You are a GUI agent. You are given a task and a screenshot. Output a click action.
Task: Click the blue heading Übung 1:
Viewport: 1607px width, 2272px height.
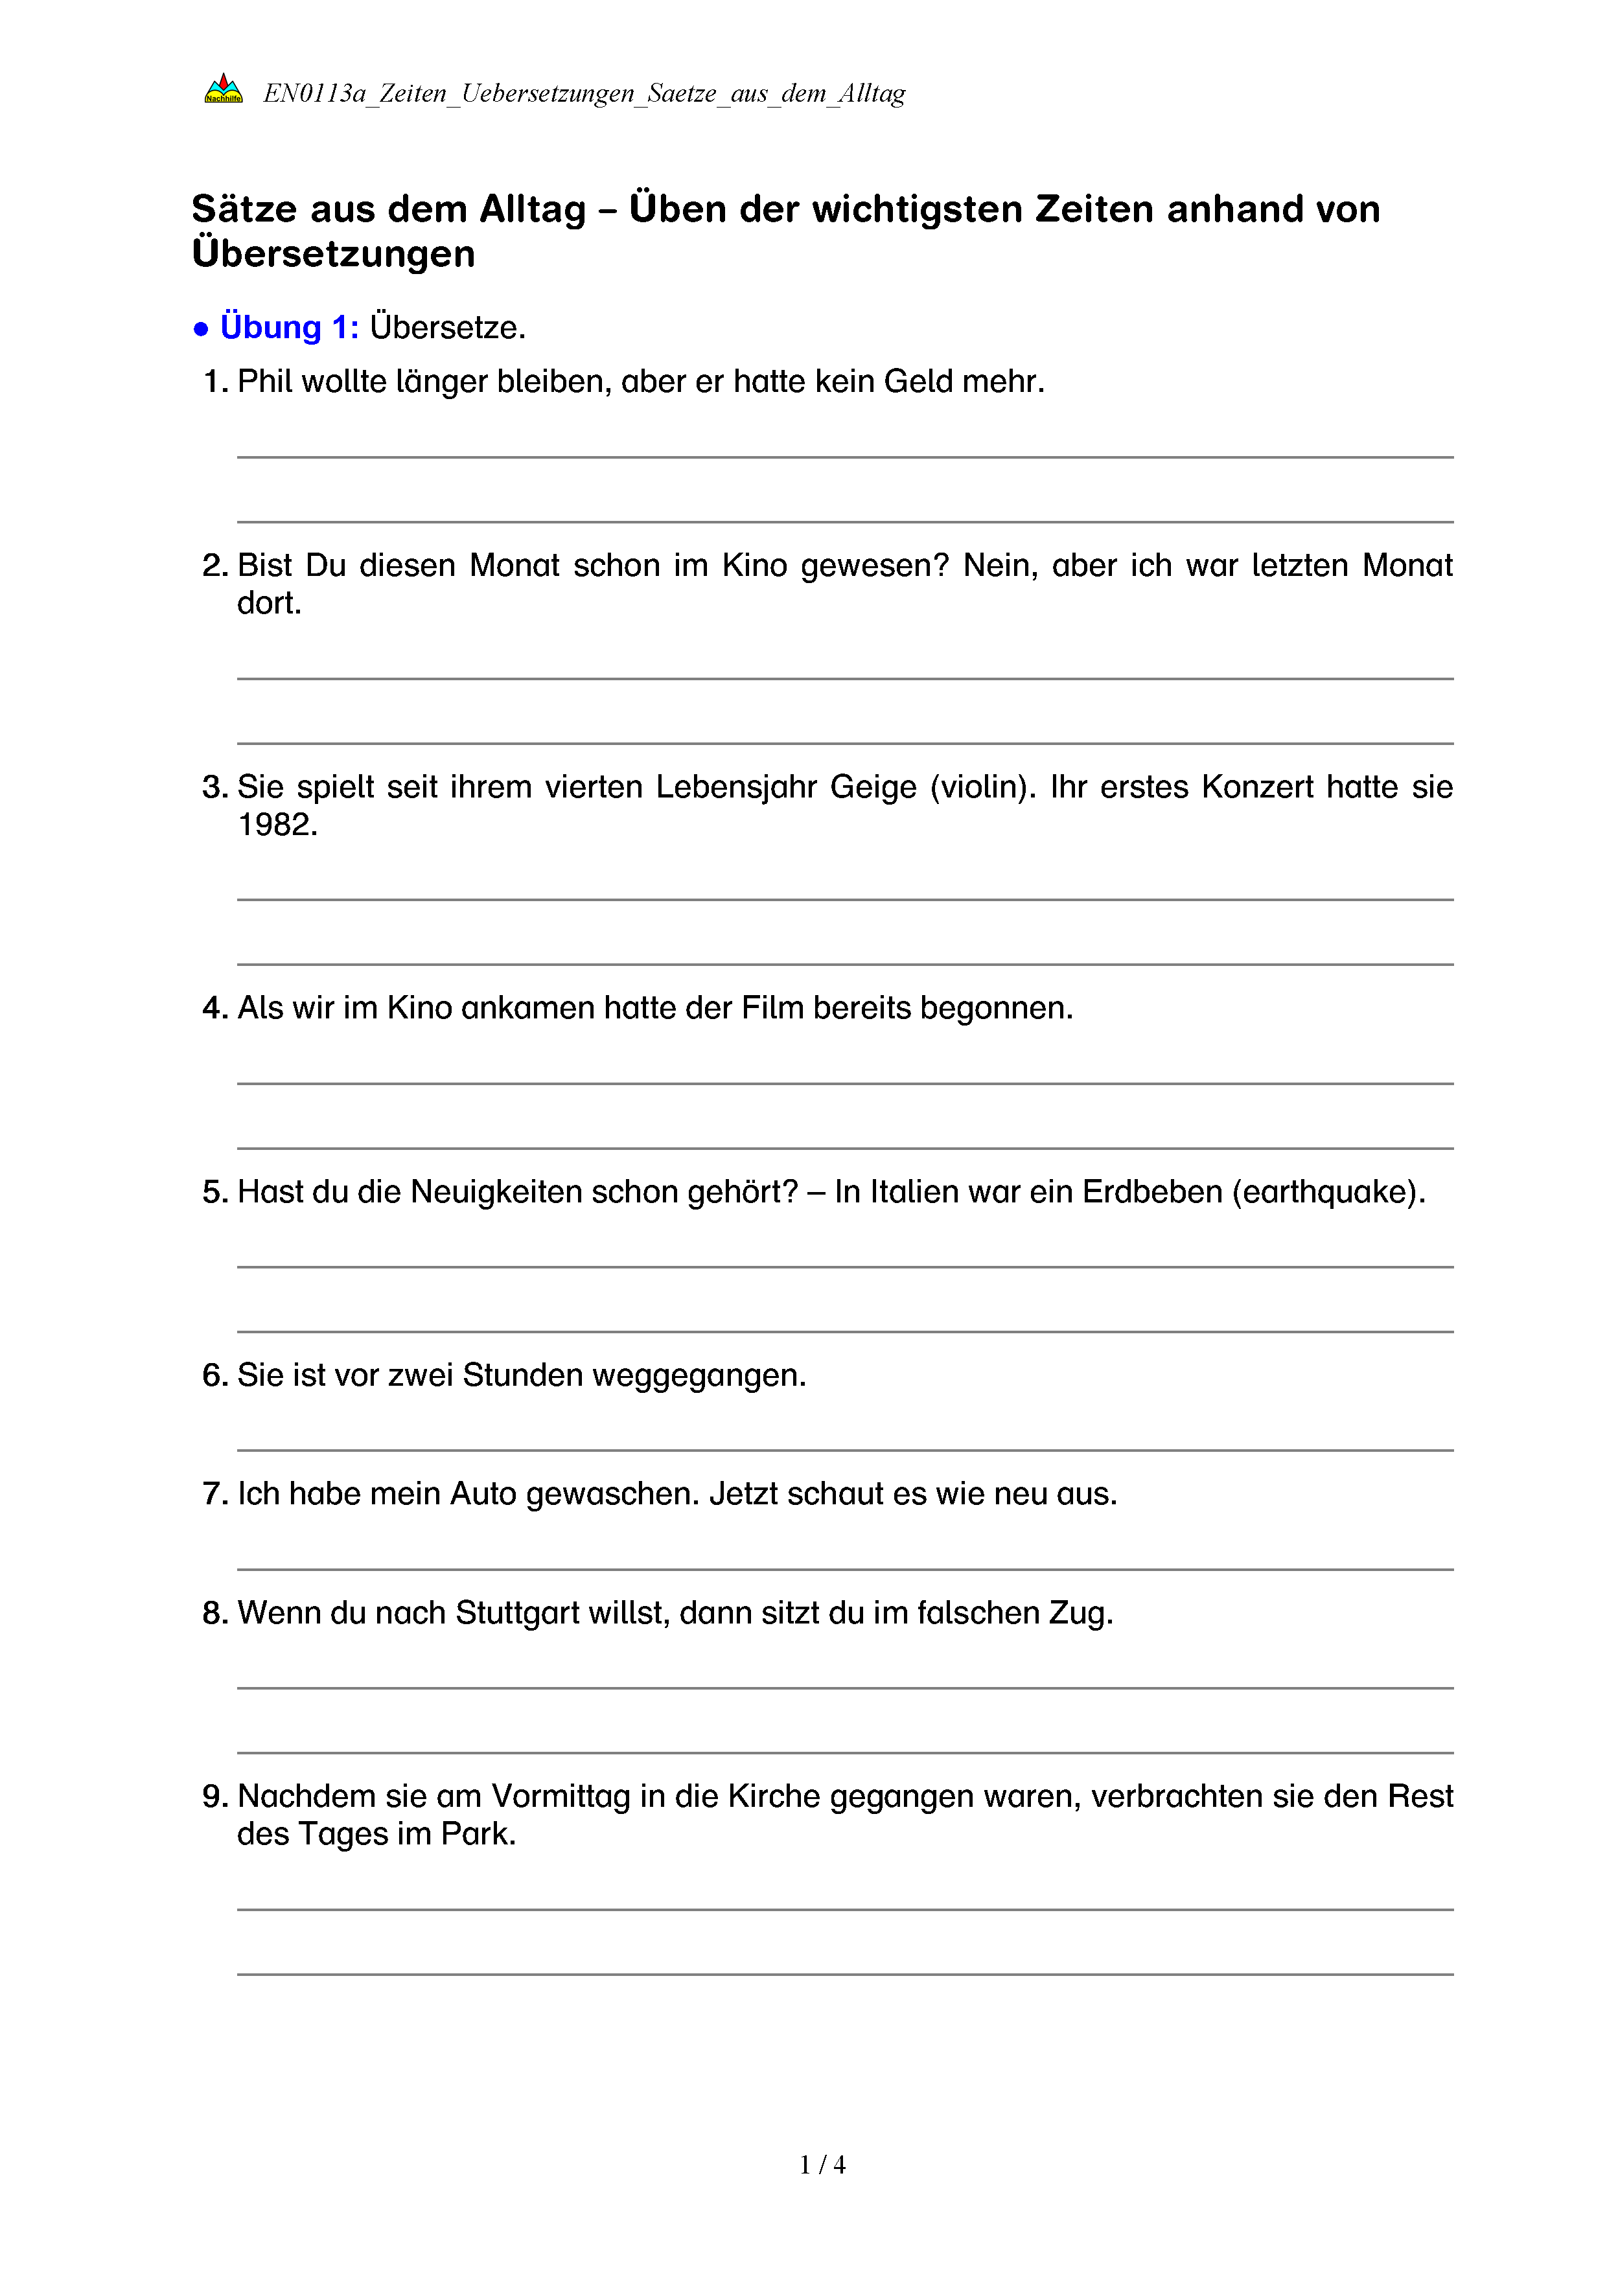click(x=289, y=327)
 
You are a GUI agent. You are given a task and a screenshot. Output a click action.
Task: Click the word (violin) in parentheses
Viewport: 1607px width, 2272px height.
click(x=982, y=786)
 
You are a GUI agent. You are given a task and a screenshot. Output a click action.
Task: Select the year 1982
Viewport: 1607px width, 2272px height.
click(x=277, y=824)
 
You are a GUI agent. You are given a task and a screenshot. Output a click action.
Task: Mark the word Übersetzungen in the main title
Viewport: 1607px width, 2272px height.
click(x=334, y=253)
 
